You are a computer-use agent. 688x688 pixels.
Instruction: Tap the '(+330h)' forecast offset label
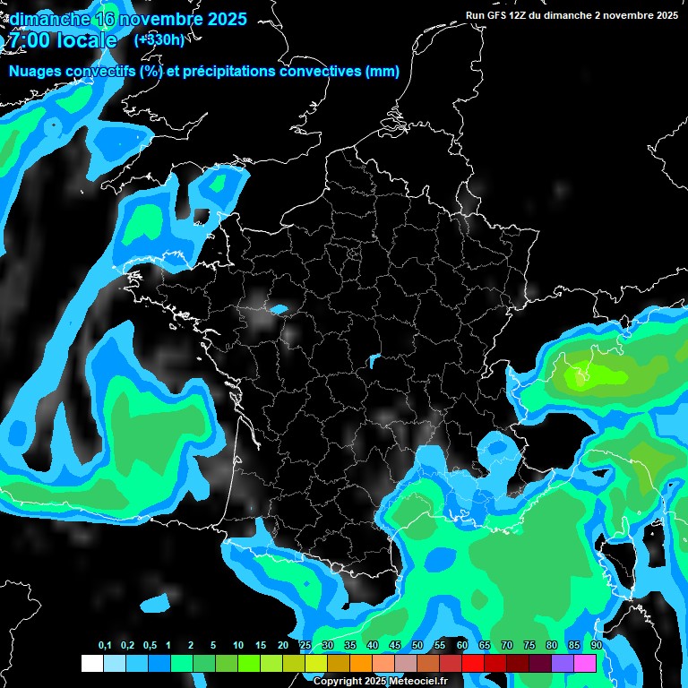coord(159,40)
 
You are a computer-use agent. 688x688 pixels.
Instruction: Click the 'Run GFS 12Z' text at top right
coord(511,15)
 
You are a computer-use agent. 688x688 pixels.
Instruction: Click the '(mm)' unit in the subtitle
coord(383,72)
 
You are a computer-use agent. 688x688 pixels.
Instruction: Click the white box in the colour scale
coord(91,663)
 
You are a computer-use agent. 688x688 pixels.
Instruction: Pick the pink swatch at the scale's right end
coord(585,663)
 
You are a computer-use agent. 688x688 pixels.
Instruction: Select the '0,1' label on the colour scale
coord(105,645)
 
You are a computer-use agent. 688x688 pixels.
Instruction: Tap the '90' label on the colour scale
coord(596,645)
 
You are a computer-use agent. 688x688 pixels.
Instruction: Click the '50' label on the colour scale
coord(417,645)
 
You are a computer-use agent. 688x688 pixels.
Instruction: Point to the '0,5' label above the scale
coord(150,645)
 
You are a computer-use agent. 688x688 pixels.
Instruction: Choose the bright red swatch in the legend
coord(473,663)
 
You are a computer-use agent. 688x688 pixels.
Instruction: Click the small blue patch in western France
coord(279,310)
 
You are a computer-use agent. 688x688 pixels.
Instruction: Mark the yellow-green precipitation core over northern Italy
coord(581,373)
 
